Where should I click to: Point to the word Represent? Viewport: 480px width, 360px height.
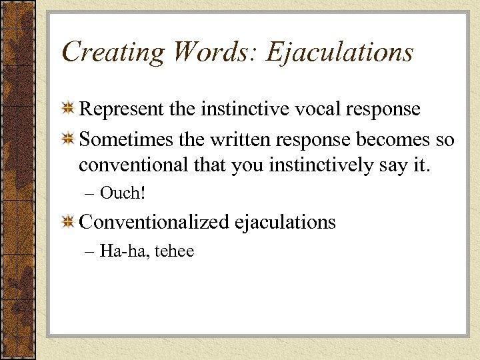122,109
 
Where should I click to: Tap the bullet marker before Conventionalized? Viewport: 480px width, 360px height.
68,223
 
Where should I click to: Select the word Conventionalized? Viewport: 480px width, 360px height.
154,222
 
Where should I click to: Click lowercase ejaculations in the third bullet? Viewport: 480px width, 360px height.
285,223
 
